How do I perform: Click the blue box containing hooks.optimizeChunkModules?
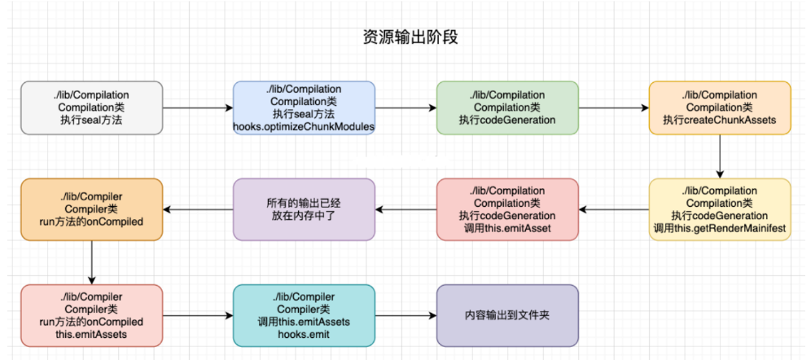304,108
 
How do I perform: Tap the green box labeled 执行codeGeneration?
507,108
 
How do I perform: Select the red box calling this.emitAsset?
507,209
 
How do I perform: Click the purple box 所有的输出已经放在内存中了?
304,209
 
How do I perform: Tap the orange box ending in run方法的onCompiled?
91,209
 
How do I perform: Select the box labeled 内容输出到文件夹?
507,314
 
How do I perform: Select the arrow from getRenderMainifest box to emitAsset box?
613,209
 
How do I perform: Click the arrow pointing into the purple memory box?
405,209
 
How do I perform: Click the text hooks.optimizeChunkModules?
304,126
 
